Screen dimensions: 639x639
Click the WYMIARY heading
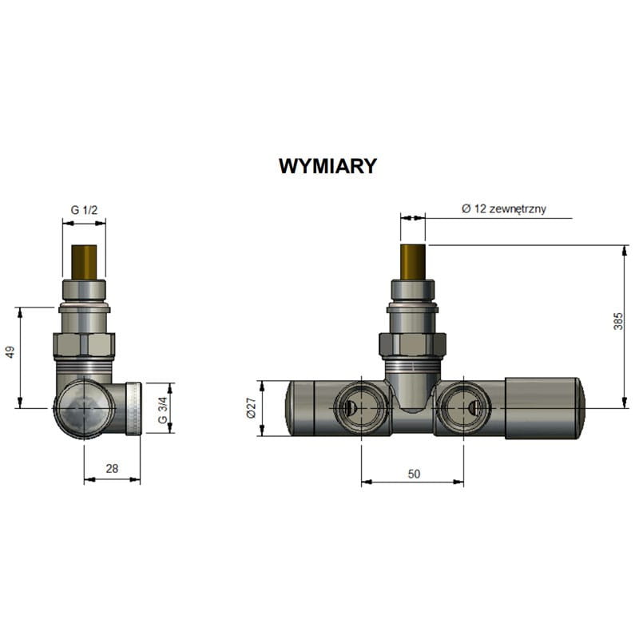(328, 166)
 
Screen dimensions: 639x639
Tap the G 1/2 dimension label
(85, 210)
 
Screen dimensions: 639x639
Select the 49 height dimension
(10, 352)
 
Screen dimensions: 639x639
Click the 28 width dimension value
(112, 469)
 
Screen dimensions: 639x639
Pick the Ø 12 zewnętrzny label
(504, 209)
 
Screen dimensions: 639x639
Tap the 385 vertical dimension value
(618, 321)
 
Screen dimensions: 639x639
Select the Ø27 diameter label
(251, 408)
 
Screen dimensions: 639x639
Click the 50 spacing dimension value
(414, 474)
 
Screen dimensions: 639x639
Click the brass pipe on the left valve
(85, 262)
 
